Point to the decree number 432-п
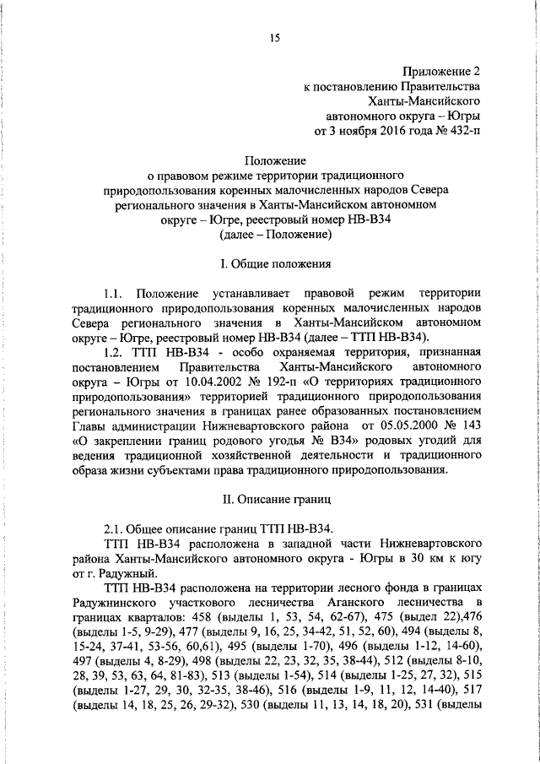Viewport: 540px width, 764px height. coord(462,132)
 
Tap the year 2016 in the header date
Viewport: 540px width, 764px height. coord(389,132)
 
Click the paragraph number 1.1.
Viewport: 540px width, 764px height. coord(114,293)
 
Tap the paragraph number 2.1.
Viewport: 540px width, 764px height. coord(114,529)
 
